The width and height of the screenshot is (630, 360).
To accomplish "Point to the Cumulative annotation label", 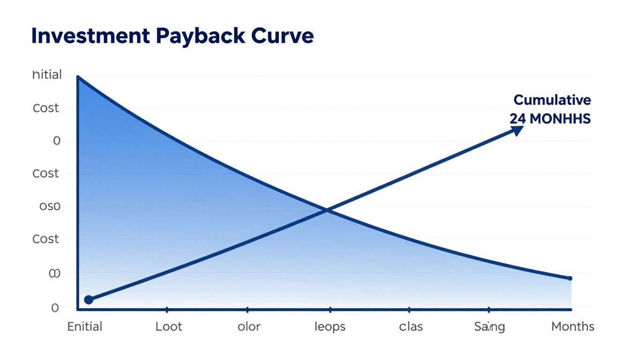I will pyautogui.click(x=552, y=100).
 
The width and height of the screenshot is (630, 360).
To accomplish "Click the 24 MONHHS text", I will pyautogui.click(x=550, y=119).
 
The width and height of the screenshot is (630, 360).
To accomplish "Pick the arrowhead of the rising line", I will pyautogui.click(x=517, y=130).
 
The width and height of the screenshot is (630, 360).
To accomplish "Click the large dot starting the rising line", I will pyautogui.click(x=88, y=300).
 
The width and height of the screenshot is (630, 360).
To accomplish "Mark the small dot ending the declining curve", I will pyautogui.click(x=570, y=278).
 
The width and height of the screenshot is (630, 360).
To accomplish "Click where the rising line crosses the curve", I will pyautogui.click(x=327, y=210).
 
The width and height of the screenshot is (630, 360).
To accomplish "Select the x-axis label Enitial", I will pyautogui.click(x=85, y=326).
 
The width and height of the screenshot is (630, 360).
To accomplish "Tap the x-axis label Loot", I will pyautogui.click(x=169, y=326).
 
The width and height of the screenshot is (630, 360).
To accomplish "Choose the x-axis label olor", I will pyautogui.click(x=248, y=326).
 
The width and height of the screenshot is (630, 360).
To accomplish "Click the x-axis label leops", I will pyautogui.click(x=330, y=326).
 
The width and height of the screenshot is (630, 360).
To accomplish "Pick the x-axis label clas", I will pyautogui.click(x=411, y=326).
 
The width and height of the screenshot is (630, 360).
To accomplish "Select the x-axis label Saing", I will pyautogui.click(x=489, y=327).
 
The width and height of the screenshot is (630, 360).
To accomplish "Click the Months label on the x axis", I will pyautogui.click(x=572, y=326).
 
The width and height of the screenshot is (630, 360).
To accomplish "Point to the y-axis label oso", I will pyautogui.click(x=47, y=206).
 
